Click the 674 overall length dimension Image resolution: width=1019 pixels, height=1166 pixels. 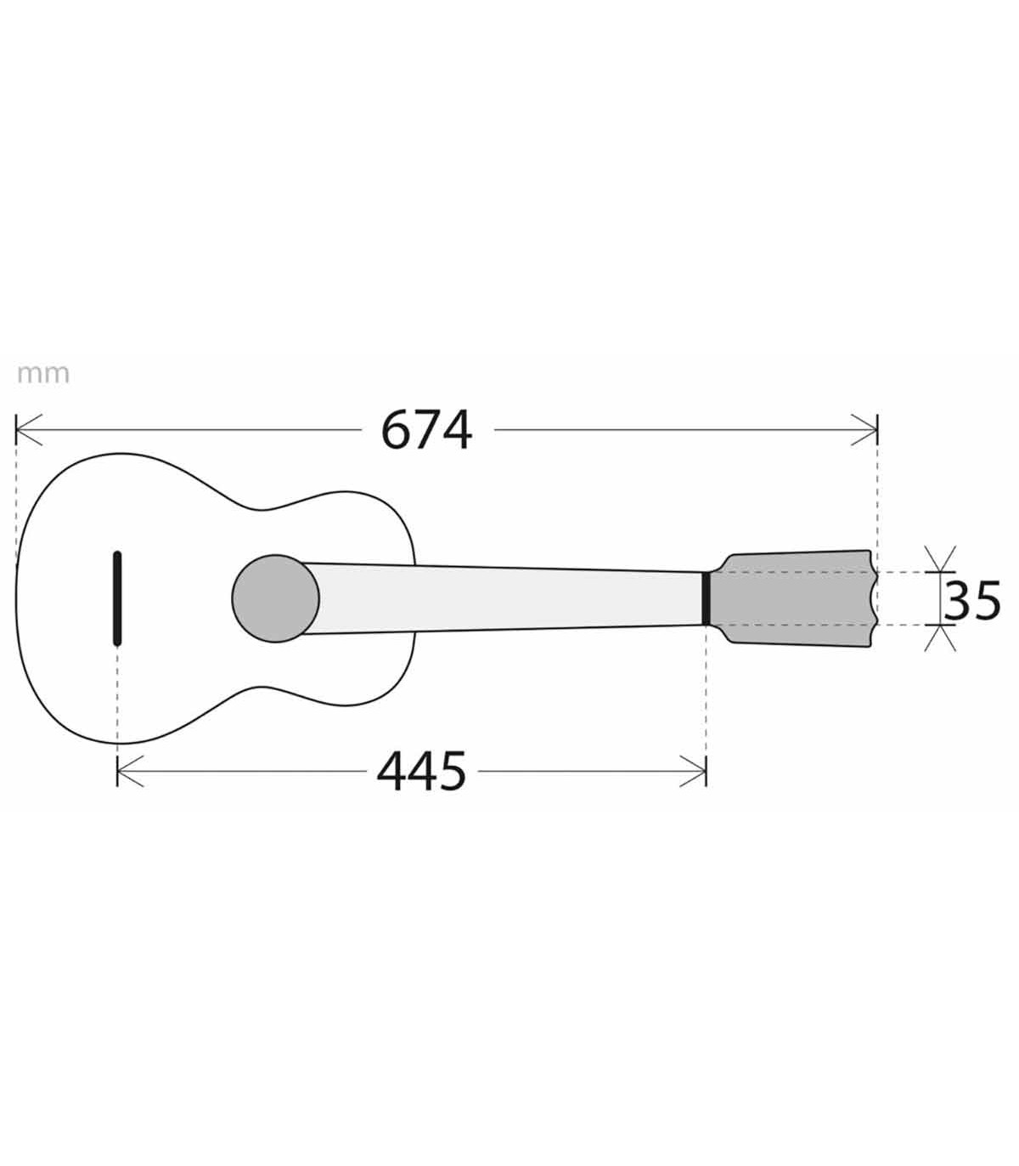[x=425, y=430]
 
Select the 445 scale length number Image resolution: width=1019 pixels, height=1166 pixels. [x=421, y=772]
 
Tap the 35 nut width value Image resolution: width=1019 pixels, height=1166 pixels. [x=971, y=601]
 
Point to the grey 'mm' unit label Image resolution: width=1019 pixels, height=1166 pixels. [x=43, y=375]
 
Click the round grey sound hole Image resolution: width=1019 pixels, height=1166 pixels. [x=275, y=598]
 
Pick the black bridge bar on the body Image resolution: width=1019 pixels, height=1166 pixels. [x=117, y=598]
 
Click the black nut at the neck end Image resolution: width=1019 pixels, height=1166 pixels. [x=706, y=598]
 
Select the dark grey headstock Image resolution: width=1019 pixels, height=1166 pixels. [x=791, y=598]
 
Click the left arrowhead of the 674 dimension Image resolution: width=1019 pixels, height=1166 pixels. [x=29, y=430]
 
